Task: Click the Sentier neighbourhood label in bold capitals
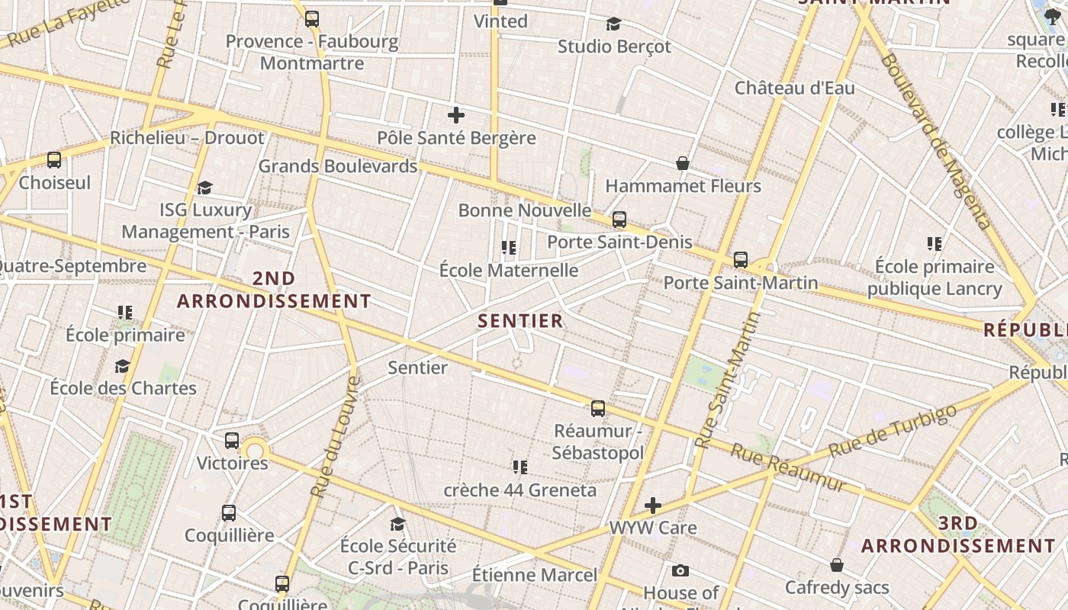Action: coord(520,321)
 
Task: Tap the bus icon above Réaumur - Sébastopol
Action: coord(598,409)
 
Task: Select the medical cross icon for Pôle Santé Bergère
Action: coord(456,115)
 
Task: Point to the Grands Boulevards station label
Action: coord(338,166)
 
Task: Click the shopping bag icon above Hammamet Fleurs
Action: coord(683,163)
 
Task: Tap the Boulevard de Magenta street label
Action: coord(934,141)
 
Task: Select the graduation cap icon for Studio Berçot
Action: coord(613,24)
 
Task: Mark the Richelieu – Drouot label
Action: coord(187,138)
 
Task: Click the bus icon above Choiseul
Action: coord(54,160)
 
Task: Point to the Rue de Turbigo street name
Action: coord(892,432)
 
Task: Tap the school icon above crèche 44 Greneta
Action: coord(520,467)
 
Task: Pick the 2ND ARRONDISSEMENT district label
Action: coord(274,290)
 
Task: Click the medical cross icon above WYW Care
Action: coord(653,505)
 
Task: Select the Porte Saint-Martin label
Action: coord(740,283)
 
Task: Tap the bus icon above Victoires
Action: coord(232,441)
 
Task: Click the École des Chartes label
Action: coord(123,388)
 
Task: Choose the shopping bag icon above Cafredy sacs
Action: coord(837,565)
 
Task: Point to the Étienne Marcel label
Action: coord(534,575)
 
